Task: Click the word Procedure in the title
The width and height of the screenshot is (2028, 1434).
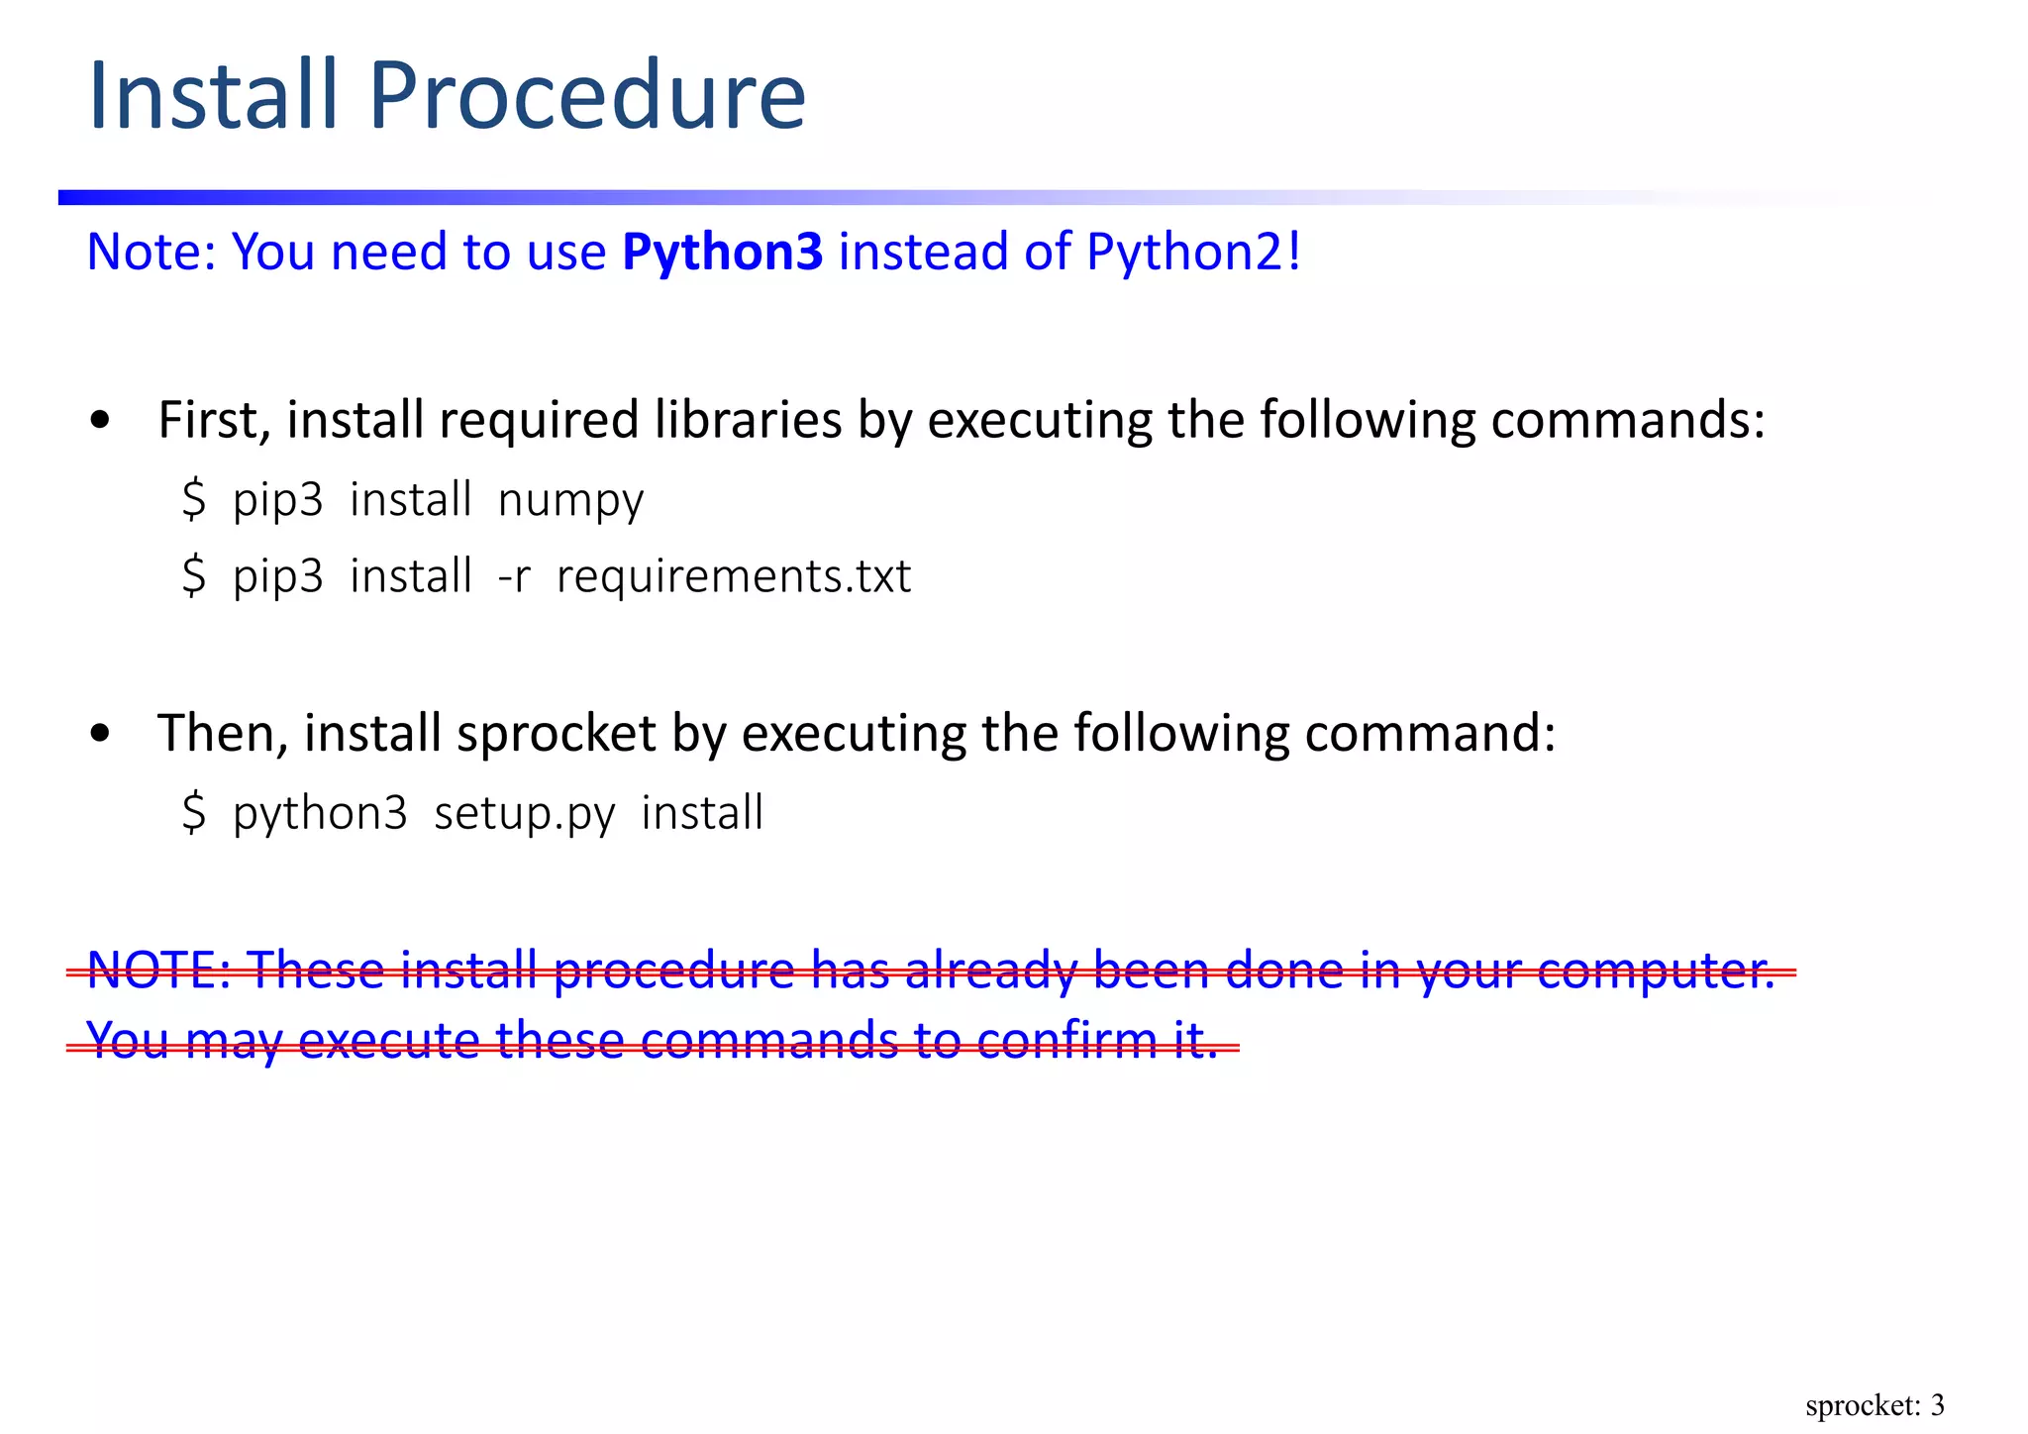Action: [587, 96]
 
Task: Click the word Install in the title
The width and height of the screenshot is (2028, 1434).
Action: [213, 96]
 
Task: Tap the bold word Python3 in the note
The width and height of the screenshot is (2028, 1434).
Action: [722, 252]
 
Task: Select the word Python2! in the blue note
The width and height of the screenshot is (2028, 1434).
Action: [1193, 252]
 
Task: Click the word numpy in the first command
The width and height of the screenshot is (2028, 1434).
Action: [570, 501]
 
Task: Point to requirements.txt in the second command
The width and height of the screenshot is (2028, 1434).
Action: [734, 576]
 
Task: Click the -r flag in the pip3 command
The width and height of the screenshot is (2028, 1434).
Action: [514, 577]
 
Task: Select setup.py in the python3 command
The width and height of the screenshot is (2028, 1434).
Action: [524, 814]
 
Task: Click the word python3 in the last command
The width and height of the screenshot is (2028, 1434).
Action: [320, 814]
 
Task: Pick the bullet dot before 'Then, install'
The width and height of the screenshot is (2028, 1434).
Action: [99, 735]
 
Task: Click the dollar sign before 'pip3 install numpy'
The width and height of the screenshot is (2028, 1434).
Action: [194, 499]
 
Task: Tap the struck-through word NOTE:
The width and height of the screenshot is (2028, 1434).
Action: [158, 970]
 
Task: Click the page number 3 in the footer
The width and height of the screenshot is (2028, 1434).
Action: [1937, 1404]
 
